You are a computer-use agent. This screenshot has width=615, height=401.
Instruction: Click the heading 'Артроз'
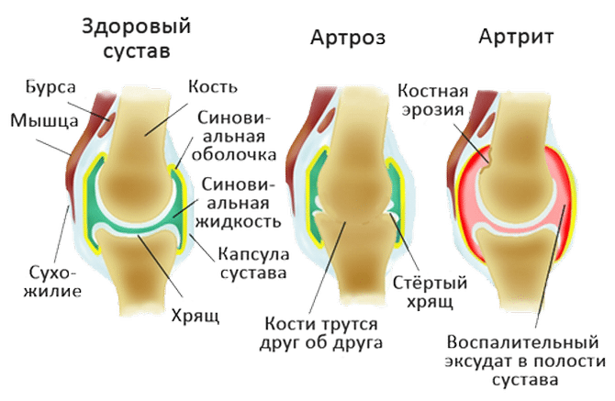click(347, 38)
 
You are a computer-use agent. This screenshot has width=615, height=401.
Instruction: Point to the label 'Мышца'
click(33, 120)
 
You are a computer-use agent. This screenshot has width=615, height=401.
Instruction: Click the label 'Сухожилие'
click(51, 283)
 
